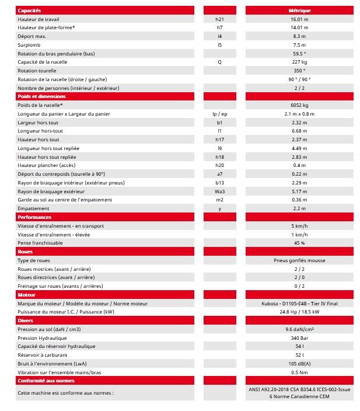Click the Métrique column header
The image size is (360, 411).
tap(299, 11)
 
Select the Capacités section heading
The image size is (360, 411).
tap(29, 11)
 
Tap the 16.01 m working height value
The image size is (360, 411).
tap(299, 19)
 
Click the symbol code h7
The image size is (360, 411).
tap(219, 27)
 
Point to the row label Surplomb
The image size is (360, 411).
tap(29, 45)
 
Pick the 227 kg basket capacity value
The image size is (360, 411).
tap(299, 62)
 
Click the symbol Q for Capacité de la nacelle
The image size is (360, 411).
tap(219, 62)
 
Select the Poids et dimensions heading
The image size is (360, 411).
tap(41, 96)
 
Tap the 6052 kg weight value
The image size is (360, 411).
tap(299, 105)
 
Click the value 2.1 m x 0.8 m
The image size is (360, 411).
tap(299, 114)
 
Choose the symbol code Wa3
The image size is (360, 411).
tap(219, 191)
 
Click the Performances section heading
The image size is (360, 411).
tap(34, 217)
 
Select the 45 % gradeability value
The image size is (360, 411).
tap(299, 243)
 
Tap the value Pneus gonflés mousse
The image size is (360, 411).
tap(299, 260)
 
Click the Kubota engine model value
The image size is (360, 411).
tap(299, 304)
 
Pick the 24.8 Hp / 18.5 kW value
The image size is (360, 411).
tap(299, 312)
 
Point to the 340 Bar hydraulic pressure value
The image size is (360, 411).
tap(299, 338)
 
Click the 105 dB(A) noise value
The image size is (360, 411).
tap(299, 364)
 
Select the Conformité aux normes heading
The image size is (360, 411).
tap(46, 381)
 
